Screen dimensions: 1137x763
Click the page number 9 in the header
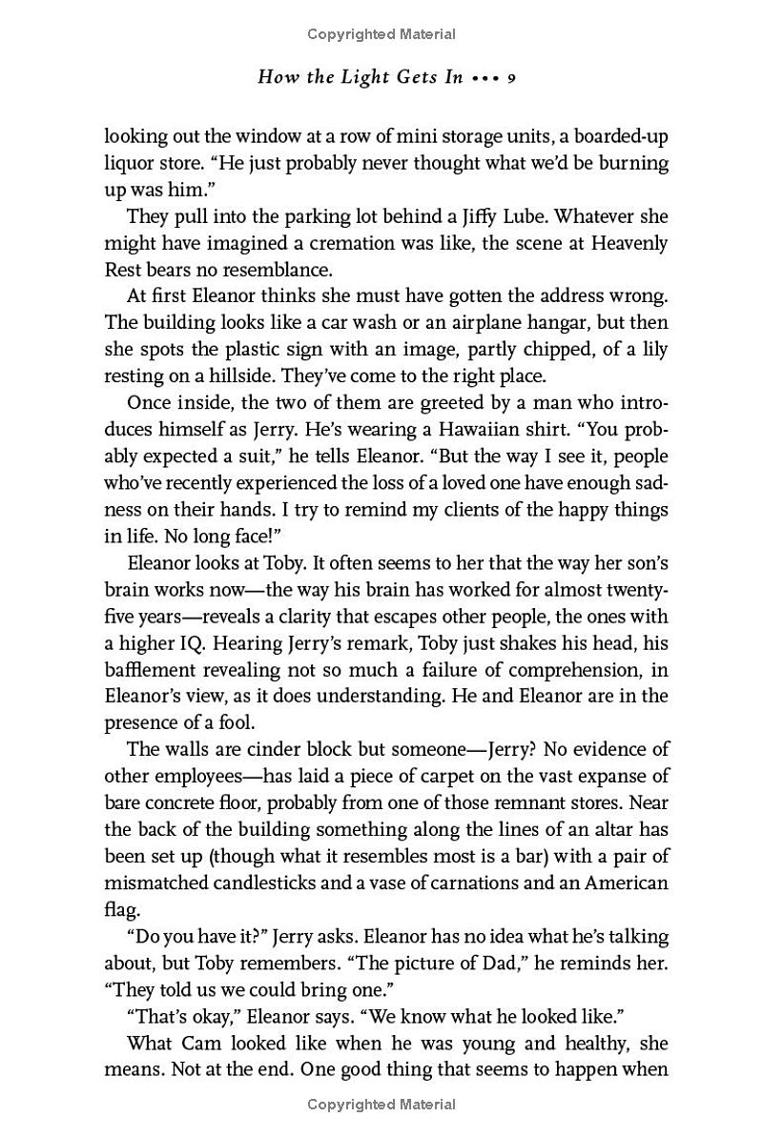511,77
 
